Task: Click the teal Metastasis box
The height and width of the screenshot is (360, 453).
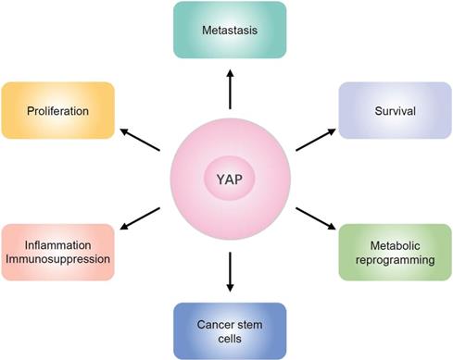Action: coord(228,31)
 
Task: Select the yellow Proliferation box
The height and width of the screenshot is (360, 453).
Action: coord(57,111)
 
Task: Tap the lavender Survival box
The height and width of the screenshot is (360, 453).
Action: coord(393,111)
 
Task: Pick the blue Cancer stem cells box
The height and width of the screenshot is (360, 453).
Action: coord(228,329)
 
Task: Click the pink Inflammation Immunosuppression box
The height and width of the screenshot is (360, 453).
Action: coord(57,253)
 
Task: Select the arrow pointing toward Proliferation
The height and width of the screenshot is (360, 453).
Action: coord(142,139)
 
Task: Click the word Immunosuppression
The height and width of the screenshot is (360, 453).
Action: coord(57,260)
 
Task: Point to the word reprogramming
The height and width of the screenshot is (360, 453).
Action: coord(393,260)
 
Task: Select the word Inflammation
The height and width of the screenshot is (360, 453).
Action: coord(57,245)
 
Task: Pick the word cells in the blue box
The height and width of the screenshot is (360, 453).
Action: coord(228,337)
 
